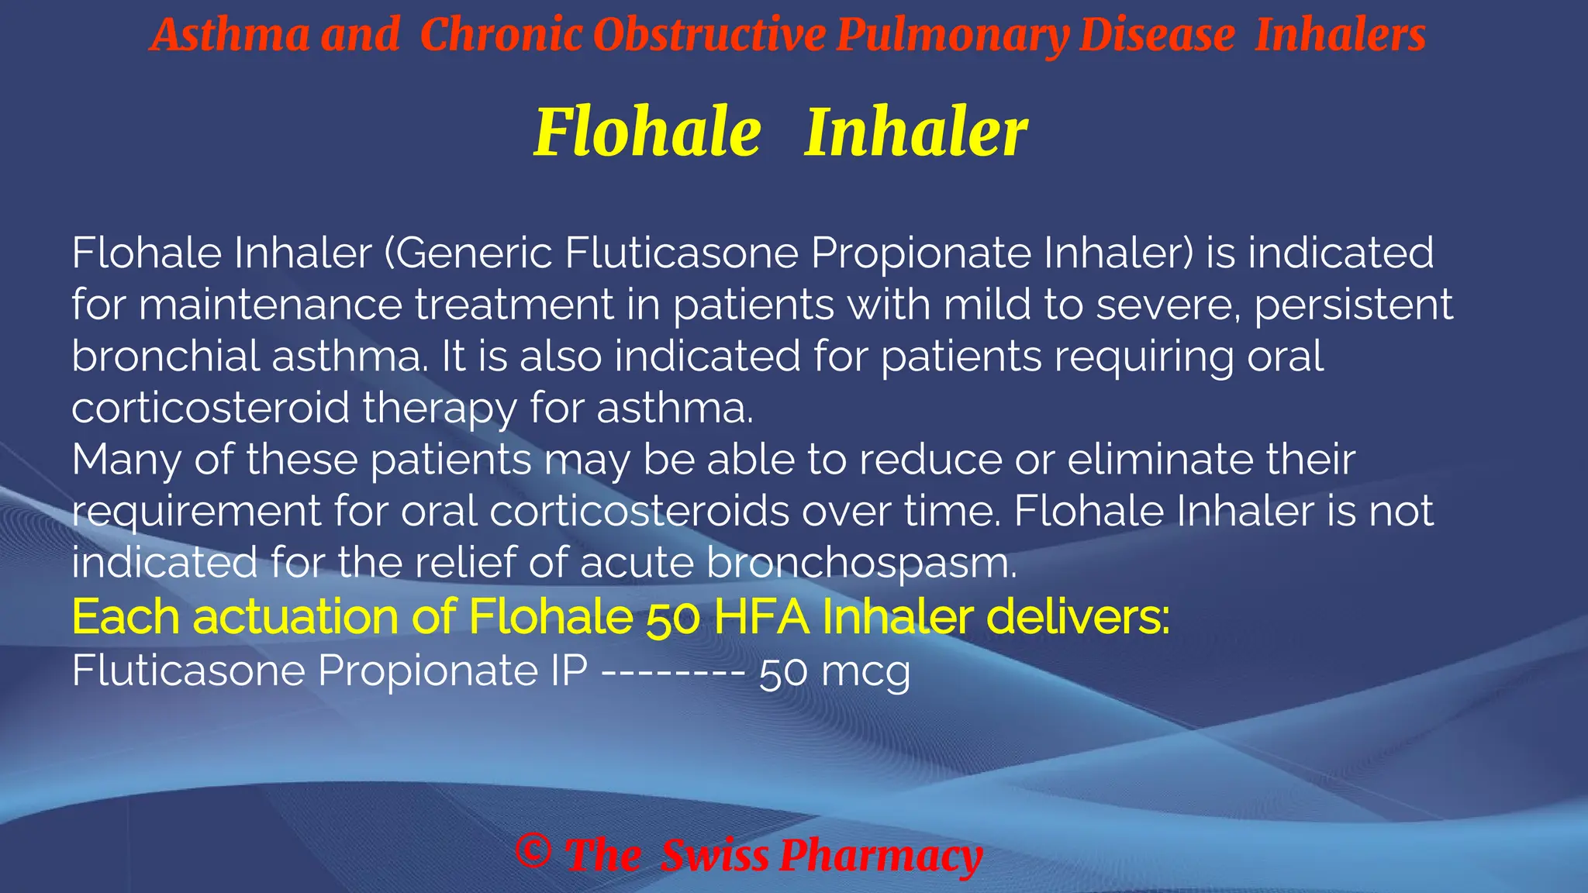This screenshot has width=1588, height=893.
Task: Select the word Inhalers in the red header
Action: [x=1340, y=36]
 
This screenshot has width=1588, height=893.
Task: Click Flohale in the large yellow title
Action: [x=647, y=132]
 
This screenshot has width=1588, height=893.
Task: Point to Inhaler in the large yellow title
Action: [x=916, y=132]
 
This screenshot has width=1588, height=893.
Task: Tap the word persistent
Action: [x=1353, y=305]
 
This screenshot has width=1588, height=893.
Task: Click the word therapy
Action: [x=439, y=409]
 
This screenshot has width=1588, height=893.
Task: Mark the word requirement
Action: [x=196, y=512]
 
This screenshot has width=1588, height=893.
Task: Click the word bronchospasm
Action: [x=861, y=564]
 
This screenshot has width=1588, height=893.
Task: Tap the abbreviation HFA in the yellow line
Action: [x=761, y=617]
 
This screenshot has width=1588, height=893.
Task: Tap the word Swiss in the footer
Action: [x=714, y=856]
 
